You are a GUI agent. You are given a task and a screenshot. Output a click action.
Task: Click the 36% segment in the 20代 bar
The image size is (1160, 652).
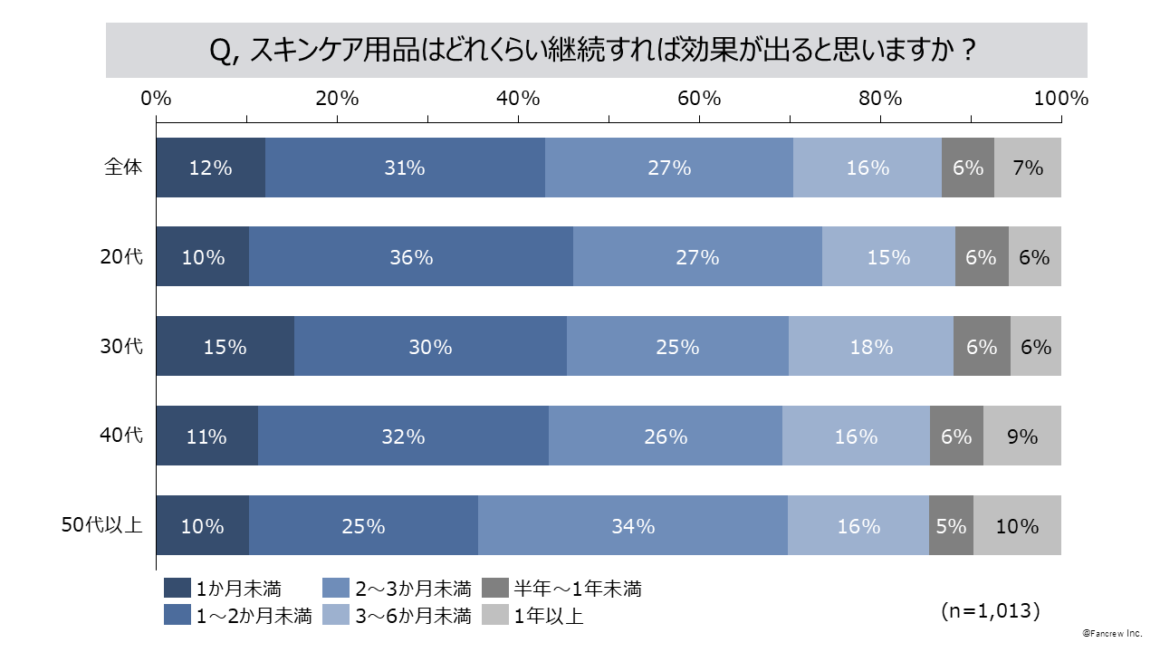(411, 257)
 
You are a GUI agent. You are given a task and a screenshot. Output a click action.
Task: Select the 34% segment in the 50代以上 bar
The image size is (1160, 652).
(632, 526)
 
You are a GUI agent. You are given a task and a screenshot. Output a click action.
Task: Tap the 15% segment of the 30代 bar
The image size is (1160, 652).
(225, 347)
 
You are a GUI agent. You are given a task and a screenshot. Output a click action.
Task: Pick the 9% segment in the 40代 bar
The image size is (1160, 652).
(1021, 436)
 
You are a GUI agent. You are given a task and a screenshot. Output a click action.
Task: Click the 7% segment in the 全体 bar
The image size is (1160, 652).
(1028, 168)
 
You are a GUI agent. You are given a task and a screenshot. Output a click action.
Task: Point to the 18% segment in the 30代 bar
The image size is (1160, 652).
(870, 347)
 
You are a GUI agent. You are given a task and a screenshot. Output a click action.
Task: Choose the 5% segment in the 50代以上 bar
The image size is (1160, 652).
(951, 526)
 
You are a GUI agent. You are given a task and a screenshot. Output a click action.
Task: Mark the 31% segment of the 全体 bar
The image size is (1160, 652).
(404, 168)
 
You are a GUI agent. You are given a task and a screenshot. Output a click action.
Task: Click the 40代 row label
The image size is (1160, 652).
(121, 436)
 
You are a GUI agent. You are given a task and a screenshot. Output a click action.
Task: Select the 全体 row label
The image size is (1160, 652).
(123, 167)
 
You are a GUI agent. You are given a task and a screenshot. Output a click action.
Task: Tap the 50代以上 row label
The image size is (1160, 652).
(102, 525)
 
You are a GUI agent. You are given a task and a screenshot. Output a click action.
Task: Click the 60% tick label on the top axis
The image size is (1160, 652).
(699, 99)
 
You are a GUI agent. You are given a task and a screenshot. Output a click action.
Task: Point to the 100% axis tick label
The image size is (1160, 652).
(1060, 99)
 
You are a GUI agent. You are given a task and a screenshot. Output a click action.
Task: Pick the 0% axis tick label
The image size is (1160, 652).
(157, 99)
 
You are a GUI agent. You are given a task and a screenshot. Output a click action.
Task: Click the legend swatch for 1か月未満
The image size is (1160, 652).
(177, 589)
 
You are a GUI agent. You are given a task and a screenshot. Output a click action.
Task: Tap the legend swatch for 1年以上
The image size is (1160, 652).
(494, 617)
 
